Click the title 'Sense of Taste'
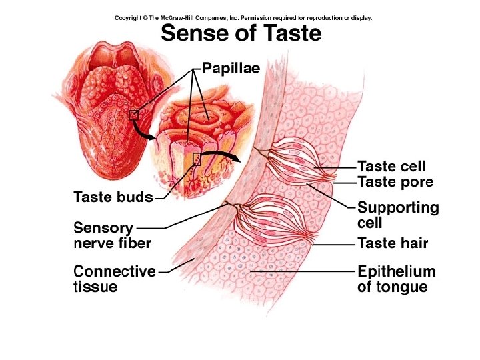click(x=241, y=33)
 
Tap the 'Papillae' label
click(x=231, y=68)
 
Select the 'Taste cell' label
click(x=391, y=166)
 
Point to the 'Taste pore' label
click(x=395, y=181)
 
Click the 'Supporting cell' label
click(x=398, y=214)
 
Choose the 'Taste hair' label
click(x=393, y=243)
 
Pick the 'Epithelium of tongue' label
click(x=396, y=279)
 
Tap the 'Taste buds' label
click(x=113, y=197)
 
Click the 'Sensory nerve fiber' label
click(x=112, y=235)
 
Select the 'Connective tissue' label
click(x=114, y=279)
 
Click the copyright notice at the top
click(x=243, y=18)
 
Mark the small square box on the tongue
click(x=133, y=115)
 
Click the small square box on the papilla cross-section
click(x=197, y=158)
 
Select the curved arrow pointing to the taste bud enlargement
click(x=220, y=155)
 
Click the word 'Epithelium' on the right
click(x=396, y=272)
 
